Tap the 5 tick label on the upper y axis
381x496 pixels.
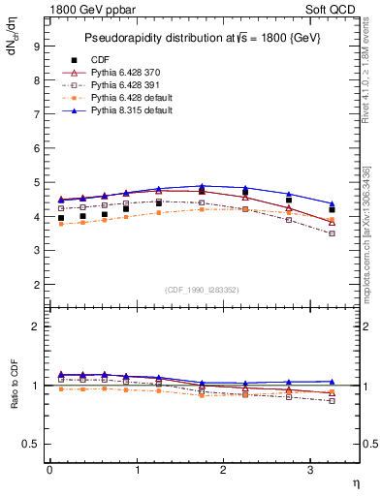coord(36,182)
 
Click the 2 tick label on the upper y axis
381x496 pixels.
coord(36,285)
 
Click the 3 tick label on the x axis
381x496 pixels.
coord(310,470)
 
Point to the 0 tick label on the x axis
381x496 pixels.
coord(49,470)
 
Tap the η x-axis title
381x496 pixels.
coord(355,481)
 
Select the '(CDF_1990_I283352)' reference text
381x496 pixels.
coord(204,290)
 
